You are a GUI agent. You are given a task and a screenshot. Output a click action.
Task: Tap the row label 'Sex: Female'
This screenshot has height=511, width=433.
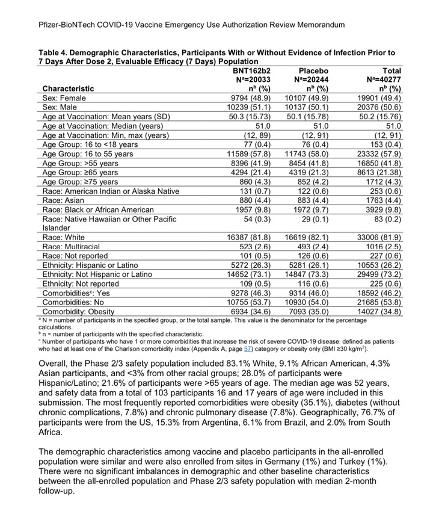pyautogui.click(x=64, y=98)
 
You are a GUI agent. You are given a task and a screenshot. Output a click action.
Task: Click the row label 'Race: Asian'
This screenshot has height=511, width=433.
pyautogui.click(x=65, y=200)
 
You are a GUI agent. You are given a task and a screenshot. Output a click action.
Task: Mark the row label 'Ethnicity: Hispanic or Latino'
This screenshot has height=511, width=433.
pyautogui.click(x=90, y=265)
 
